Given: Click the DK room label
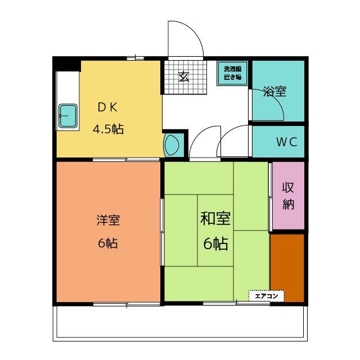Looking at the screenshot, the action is coord(107,107).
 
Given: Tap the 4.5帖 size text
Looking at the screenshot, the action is coord(108,129).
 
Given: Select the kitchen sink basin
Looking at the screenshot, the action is coord(68,116).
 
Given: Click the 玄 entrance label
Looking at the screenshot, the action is coord(184,76).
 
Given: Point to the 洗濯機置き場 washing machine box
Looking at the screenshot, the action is coord(232,73).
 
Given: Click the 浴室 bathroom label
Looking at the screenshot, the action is coord(274,91).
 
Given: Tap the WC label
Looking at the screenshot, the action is coord(287,142).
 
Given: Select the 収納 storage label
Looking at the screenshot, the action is coord(288,196).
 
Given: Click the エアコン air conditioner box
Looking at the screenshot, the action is coord(267,296).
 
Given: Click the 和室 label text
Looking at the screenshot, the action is coord(215,218).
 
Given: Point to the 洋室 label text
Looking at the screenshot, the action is coord(108,220).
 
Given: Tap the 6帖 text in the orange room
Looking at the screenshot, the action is coord(108,243).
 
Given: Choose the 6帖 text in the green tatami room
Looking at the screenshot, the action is coord(215,244).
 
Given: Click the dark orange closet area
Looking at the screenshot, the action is coord(287,268).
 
